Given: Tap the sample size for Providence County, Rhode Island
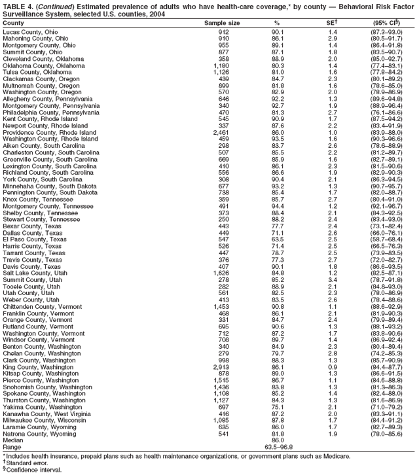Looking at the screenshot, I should pos(219,132).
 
